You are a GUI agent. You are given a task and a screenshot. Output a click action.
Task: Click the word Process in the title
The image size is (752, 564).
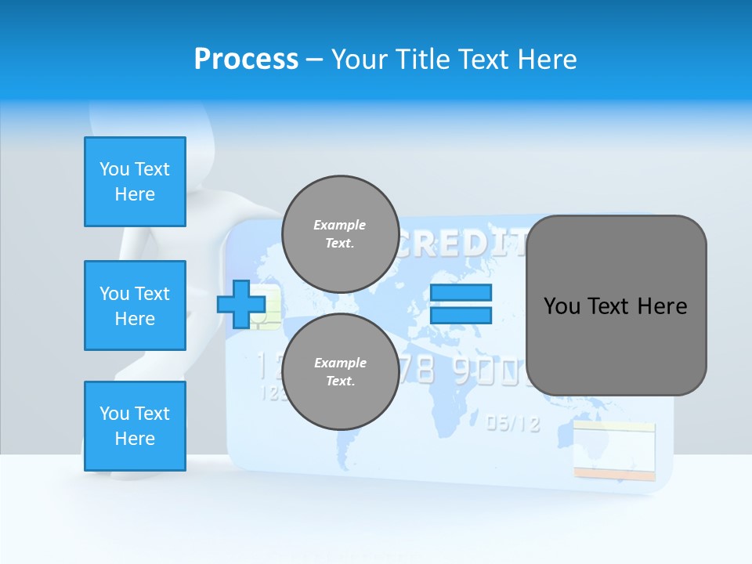246,60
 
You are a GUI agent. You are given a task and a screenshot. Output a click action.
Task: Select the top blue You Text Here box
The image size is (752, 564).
135,182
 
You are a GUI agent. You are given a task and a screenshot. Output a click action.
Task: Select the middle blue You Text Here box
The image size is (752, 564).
135,305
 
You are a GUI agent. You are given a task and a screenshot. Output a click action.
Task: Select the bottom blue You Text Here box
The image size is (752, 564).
135,426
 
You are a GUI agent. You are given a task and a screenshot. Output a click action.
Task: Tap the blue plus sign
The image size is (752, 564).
240,305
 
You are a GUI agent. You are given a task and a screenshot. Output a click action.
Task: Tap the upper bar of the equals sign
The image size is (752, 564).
461,293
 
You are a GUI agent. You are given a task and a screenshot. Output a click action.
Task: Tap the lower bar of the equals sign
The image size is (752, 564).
461,315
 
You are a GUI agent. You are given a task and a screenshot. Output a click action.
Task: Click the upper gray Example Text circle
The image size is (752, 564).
340,233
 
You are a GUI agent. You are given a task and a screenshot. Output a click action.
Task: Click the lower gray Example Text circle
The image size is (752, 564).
340,371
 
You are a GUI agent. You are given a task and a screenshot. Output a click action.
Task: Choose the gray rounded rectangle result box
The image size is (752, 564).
616,305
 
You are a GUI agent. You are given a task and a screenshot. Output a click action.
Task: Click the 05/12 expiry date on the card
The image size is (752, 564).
513,424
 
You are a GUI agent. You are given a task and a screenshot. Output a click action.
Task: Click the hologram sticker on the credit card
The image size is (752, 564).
613,451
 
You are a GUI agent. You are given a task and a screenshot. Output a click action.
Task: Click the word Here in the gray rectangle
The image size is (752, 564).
662,306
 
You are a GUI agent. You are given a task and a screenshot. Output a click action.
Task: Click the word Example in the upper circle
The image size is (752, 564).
340,225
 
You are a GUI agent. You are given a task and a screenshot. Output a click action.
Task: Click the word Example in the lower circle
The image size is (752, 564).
340,363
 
